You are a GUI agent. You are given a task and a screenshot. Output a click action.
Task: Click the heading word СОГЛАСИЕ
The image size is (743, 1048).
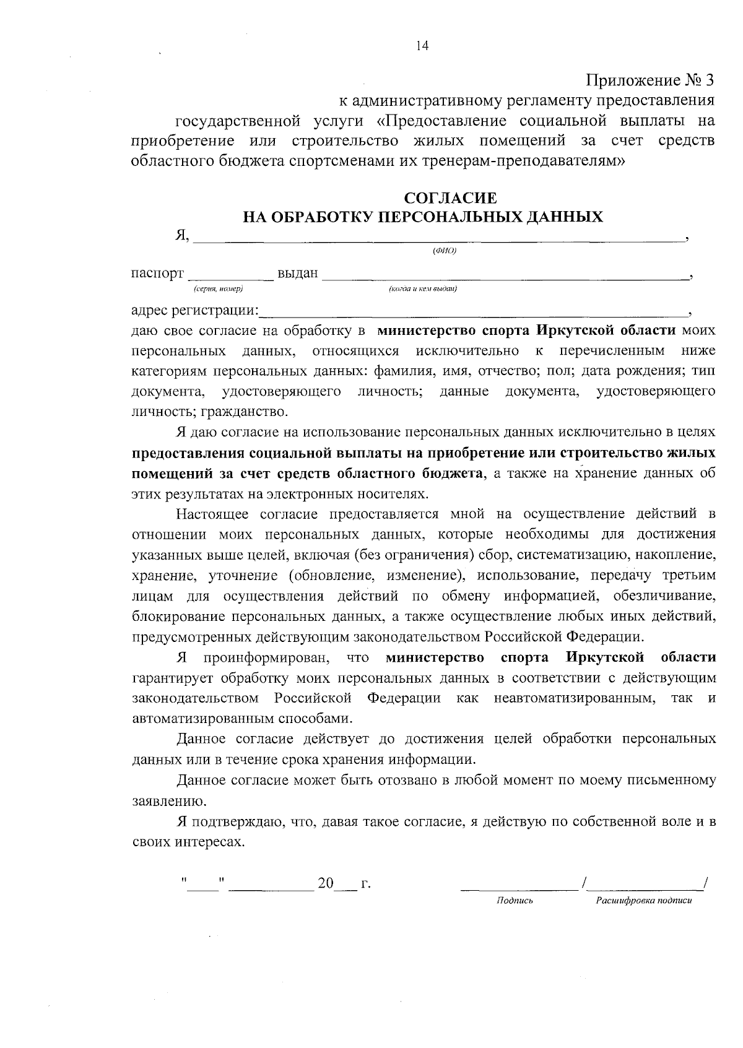point(450,198)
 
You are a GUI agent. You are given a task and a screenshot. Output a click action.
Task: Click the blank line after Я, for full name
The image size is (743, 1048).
point(440,236)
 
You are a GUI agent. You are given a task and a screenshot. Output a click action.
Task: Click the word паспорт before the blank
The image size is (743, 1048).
point(157,274)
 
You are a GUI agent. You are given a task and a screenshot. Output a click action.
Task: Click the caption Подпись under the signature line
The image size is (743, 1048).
point(515,901)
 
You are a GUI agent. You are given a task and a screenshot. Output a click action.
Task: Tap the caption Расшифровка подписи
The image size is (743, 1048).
point(643,901)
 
